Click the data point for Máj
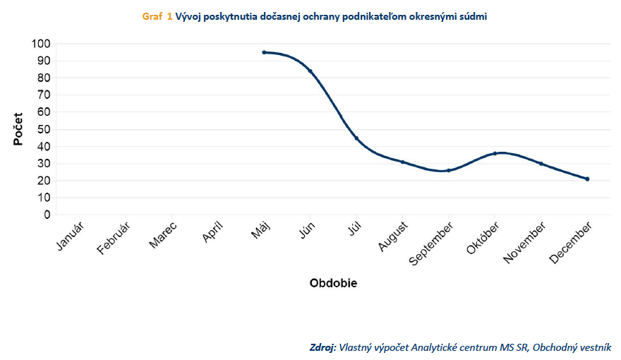click(264, 52)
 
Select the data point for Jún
click(310, 71)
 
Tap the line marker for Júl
click(356, 138)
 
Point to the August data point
click(402, 162)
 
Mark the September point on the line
click(448, 170)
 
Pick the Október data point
click(495, 153)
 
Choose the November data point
click(541, 164)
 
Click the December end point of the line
click(587, 179)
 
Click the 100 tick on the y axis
click(41, 44)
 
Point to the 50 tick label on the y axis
click(44, 129)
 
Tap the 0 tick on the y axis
click(47, 215)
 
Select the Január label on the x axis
click(69, 236)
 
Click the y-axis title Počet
click(18, 128)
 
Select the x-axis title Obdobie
click(333, 283)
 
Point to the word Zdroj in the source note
click(322, 347)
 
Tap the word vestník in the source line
click(593, 347)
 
